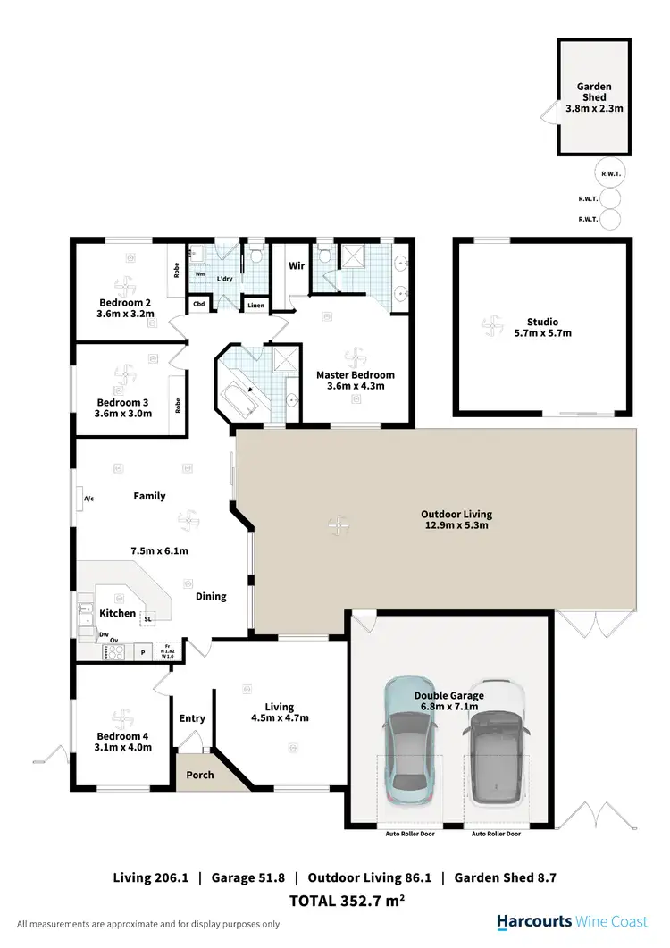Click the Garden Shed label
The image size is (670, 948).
pos(593,92)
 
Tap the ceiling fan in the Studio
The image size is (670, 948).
pos(489,326)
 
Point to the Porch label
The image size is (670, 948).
pos(200,775)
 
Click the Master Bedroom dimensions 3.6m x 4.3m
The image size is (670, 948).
pos(355,386)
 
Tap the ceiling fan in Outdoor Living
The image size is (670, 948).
pos(337,525)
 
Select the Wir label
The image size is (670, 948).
pos(297,265)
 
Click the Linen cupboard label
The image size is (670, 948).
pos(255,306)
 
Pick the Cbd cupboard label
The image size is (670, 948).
pos(198,305)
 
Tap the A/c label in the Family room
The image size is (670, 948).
pos(89,498)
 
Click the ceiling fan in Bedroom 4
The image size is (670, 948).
pos(120,717)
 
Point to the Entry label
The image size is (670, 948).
pos(192,718)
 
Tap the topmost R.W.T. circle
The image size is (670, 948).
pos(610,173)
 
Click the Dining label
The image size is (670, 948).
pos(211,596)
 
